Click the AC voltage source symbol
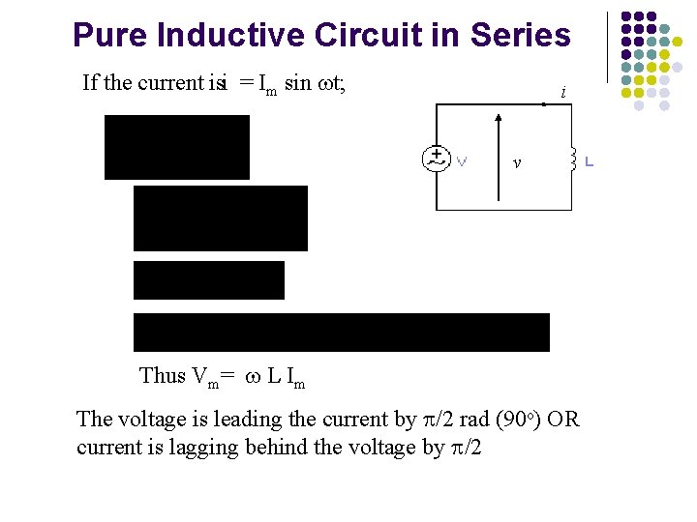pos(437,159)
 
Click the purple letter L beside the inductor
pos(589,160)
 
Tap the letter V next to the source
pos(462,160)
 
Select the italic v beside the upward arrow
pos(517,163)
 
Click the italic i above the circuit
pos(562,94)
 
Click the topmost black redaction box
pos(177,147)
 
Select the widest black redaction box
pos(341,332)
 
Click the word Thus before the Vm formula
pos(162,376)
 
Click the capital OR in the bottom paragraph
pos(563,420)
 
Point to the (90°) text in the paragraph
pos(518,420)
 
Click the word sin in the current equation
pos(298,83)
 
